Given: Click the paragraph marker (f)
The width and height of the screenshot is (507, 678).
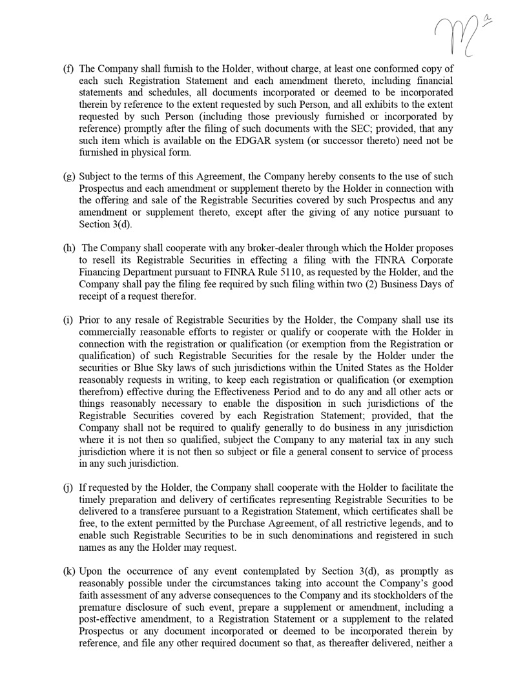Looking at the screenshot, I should [x=68, y=68].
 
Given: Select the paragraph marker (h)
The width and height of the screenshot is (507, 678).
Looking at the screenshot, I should [x=68, y=248].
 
